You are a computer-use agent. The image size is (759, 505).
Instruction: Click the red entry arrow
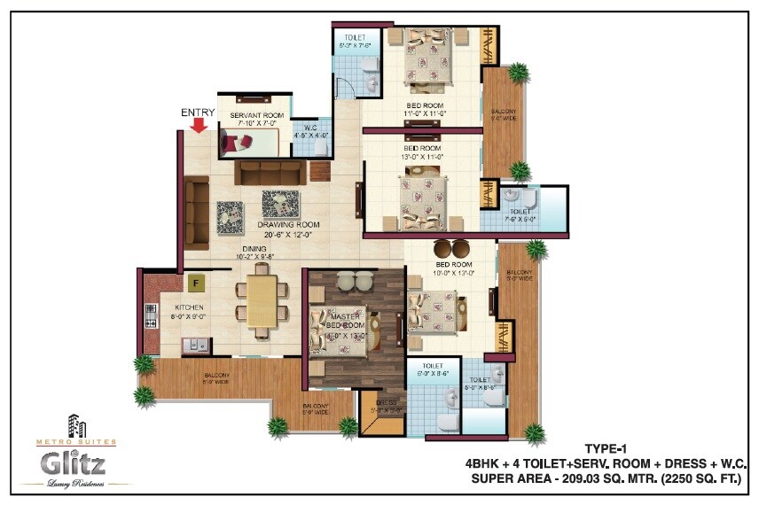click(200, 125)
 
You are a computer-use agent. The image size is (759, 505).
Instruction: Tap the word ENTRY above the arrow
click(198, 113)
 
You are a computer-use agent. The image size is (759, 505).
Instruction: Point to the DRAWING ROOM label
click(290, 225)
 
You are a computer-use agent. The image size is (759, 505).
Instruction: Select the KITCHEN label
click(189, 308)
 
